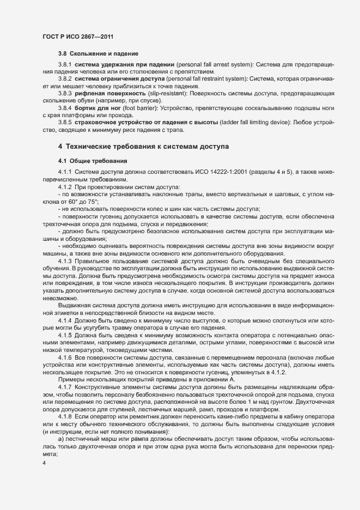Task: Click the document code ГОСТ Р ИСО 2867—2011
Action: (77, 36)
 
